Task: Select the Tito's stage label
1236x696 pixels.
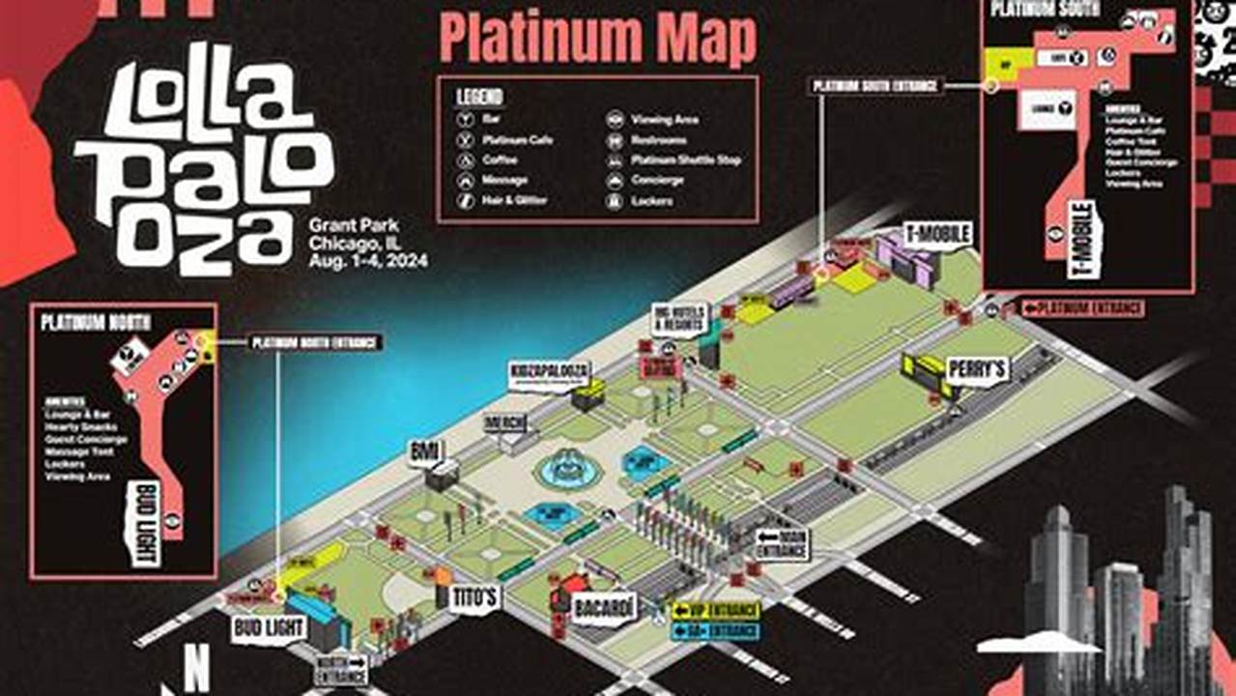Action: click(x=474, y=597)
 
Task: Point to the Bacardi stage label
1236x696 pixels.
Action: click(x=605, y=607)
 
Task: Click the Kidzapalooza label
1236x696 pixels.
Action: click(x=550, y=374)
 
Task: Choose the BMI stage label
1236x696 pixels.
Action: click(x=424, y=451)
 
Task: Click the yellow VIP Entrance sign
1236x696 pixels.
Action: click(x=716, y=611)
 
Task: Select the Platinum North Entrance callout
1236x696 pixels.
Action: click(x=316, y=342)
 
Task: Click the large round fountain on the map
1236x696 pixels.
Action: click(x=569, y=468)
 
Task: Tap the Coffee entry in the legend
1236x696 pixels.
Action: click(x=500, y=160)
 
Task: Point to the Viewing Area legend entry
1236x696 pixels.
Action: click(x=664, y=120)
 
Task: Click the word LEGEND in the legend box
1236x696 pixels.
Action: click(x=480, y=97)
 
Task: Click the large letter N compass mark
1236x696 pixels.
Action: click(x=197, y=667)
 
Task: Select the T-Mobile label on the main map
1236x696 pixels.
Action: click(x=937, y=233)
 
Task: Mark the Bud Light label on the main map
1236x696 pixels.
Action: click(x=269, y=629)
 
